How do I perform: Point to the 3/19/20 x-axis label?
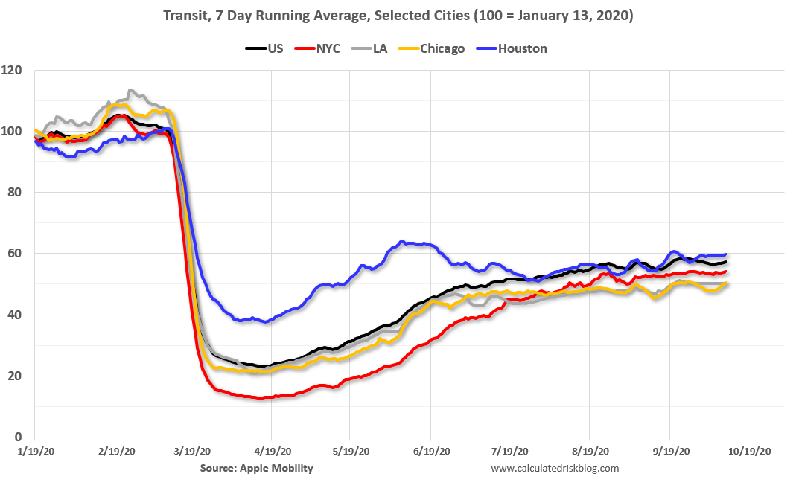pos(192,451)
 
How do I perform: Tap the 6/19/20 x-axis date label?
pos(430,451)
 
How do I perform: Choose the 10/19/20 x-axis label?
pos(748,451)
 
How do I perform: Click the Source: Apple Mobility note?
pos(257,468)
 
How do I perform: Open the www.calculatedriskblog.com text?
pos(555,468)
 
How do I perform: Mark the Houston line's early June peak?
pos(403,241)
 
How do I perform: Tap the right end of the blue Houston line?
pos(726,254)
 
